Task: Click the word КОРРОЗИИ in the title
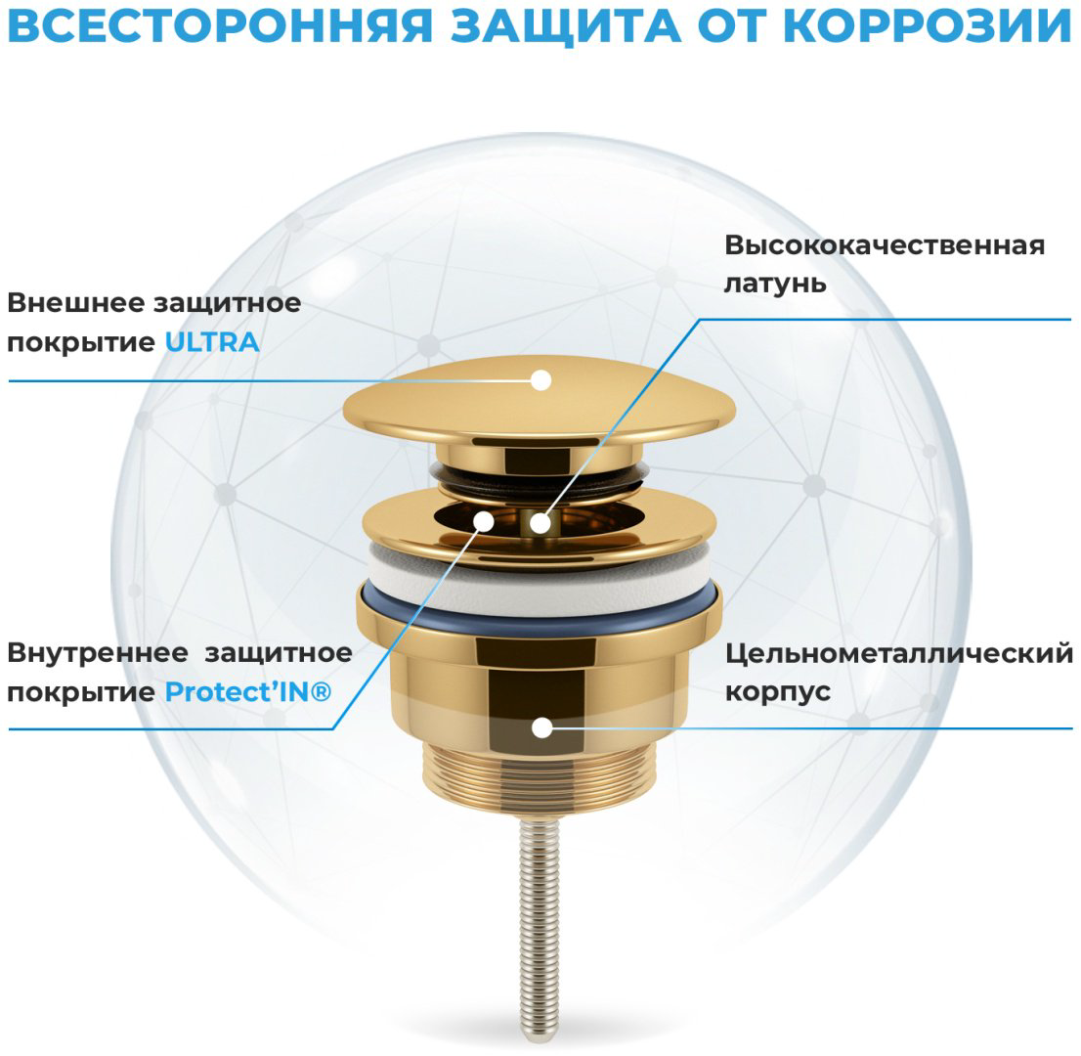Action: (928, 27)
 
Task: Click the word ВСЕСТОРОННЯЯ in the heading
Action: (220, 27)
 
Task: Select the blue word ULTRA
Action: (212, 342)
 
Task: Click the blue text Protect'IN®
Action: (248, 692)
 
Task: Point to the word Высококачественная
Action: (885, 245)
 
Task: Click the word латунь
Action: (775, 284)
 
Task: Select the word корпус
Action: (778, 692)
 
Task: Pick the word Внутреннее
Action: (97, 653)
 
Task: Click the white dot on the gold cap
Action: (541, 380)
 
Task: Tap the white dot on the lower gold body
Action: (541, 727)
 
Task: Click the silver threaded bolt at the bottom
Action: (540, 924)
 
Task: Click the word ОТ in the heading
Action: (732, 27)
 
